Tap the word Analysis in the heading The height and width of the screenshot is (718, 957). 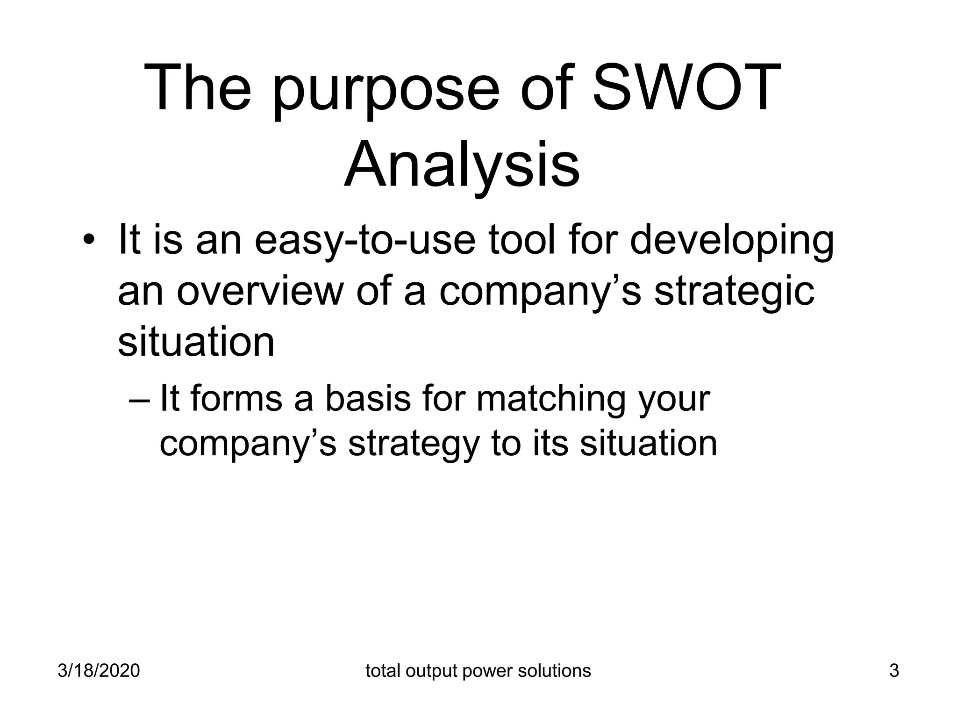(462, 166)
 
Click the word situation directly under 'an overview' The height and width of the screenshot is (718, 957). (196, 342)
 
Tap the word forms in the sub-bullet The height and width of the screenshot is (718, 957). (236, 399)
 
